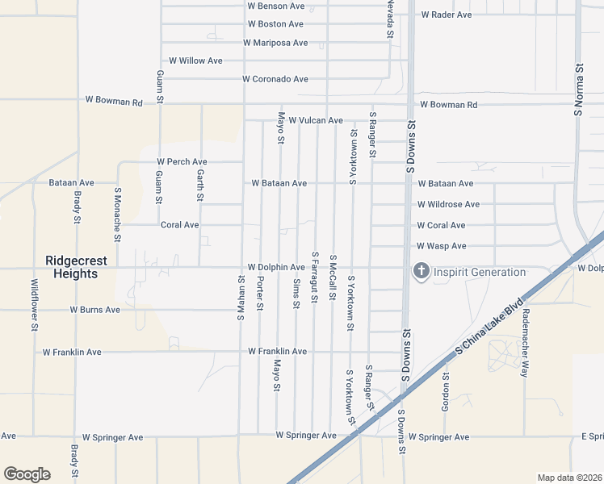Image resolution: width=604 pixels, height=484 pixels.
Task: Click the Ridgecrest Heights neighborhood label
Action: click(x=72, y=267)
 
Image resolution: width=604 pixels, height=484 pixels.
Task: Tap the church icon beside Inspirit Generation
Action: click(x=421, y=272)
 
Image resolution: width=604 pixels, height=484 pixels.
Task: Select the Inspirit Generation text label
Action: click(x=480, y=272)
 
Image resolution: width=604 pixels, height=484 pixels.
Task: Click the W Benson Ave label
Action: click(x=275, y=6)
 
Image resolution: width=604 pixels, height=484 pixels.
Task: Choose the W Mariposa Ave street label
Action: click(x=275, y=43)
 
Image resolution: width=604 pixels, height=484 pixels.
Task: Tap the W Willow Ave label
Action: click(x=195, y=60)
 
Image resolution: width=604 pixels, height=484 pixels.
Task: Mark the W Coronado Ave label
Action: click(x=275, y=79)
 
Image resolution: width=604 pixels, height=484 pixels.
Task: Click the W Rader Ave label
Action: click(x=447, y=15)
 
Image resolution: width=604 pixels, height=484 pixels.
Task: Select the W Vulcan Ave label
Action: click(x=316, y=120)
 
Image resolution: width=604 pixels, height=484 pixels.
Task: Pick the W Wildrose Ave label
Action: click(x=448, y=205)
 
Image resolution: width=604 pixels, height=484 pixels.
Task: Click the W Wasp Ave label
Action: click(x=442, y=246)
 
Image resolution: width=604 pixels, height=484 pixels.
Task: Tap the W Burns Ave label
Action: click(x=94, y=310)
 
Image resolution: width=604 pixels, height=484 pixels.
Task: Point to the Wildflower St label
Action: click(x=35, y=305)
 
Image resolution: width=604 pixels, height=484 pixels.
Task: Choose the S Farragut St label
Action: click(x=315, y=277)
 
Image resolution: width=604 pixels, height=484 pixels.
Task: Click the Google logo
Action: click(x=27, y=474)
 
